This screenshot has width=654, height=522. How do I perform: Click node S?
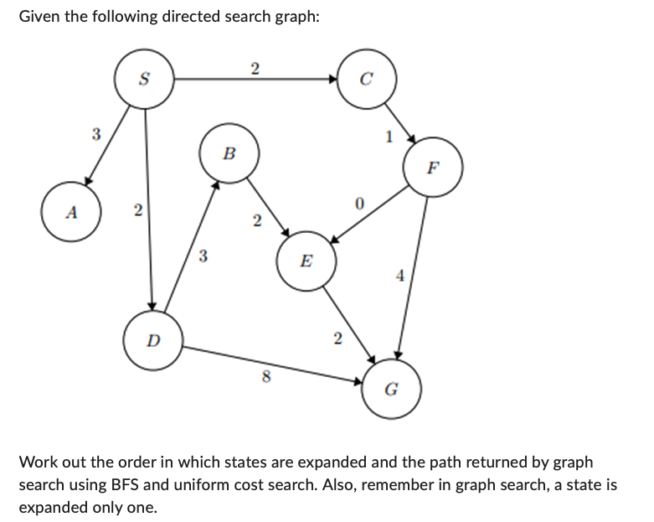click(x=144, y=80)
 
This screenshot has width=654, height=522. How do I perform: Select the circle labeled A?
click(x=72, y=213)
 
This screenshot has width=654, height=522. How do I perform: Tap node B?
click(x=229, y=154)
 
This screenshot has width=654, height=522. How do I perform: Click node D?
click(x=152, y=341)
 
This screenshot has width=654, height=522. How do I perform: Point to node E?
click(x=306, y=261)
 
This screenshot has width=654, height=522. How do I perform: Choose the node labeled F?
click(x=432, y=166)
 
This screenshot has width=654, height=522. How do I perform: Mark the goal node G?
click(x=390, y=388)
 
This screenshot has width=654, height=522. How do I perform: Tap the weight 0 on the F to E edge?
click(x=358, y=204)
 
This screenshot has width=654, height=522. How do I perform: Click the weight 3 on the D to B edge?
click(x=203, y=257)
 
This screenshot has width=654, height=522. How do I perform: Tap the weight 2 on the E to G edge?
click(x=337, y=339)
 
